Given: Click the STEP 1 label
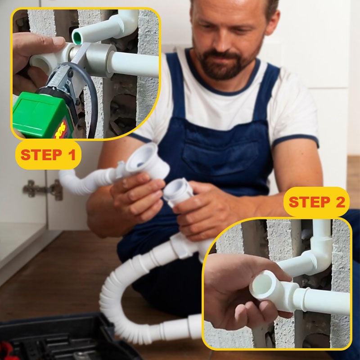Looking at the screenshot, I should pos(48,155).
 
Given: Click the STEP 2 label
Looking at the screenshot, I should pos(316,202).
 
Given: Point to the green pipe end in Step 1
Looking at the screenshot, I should pos(77,37).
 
